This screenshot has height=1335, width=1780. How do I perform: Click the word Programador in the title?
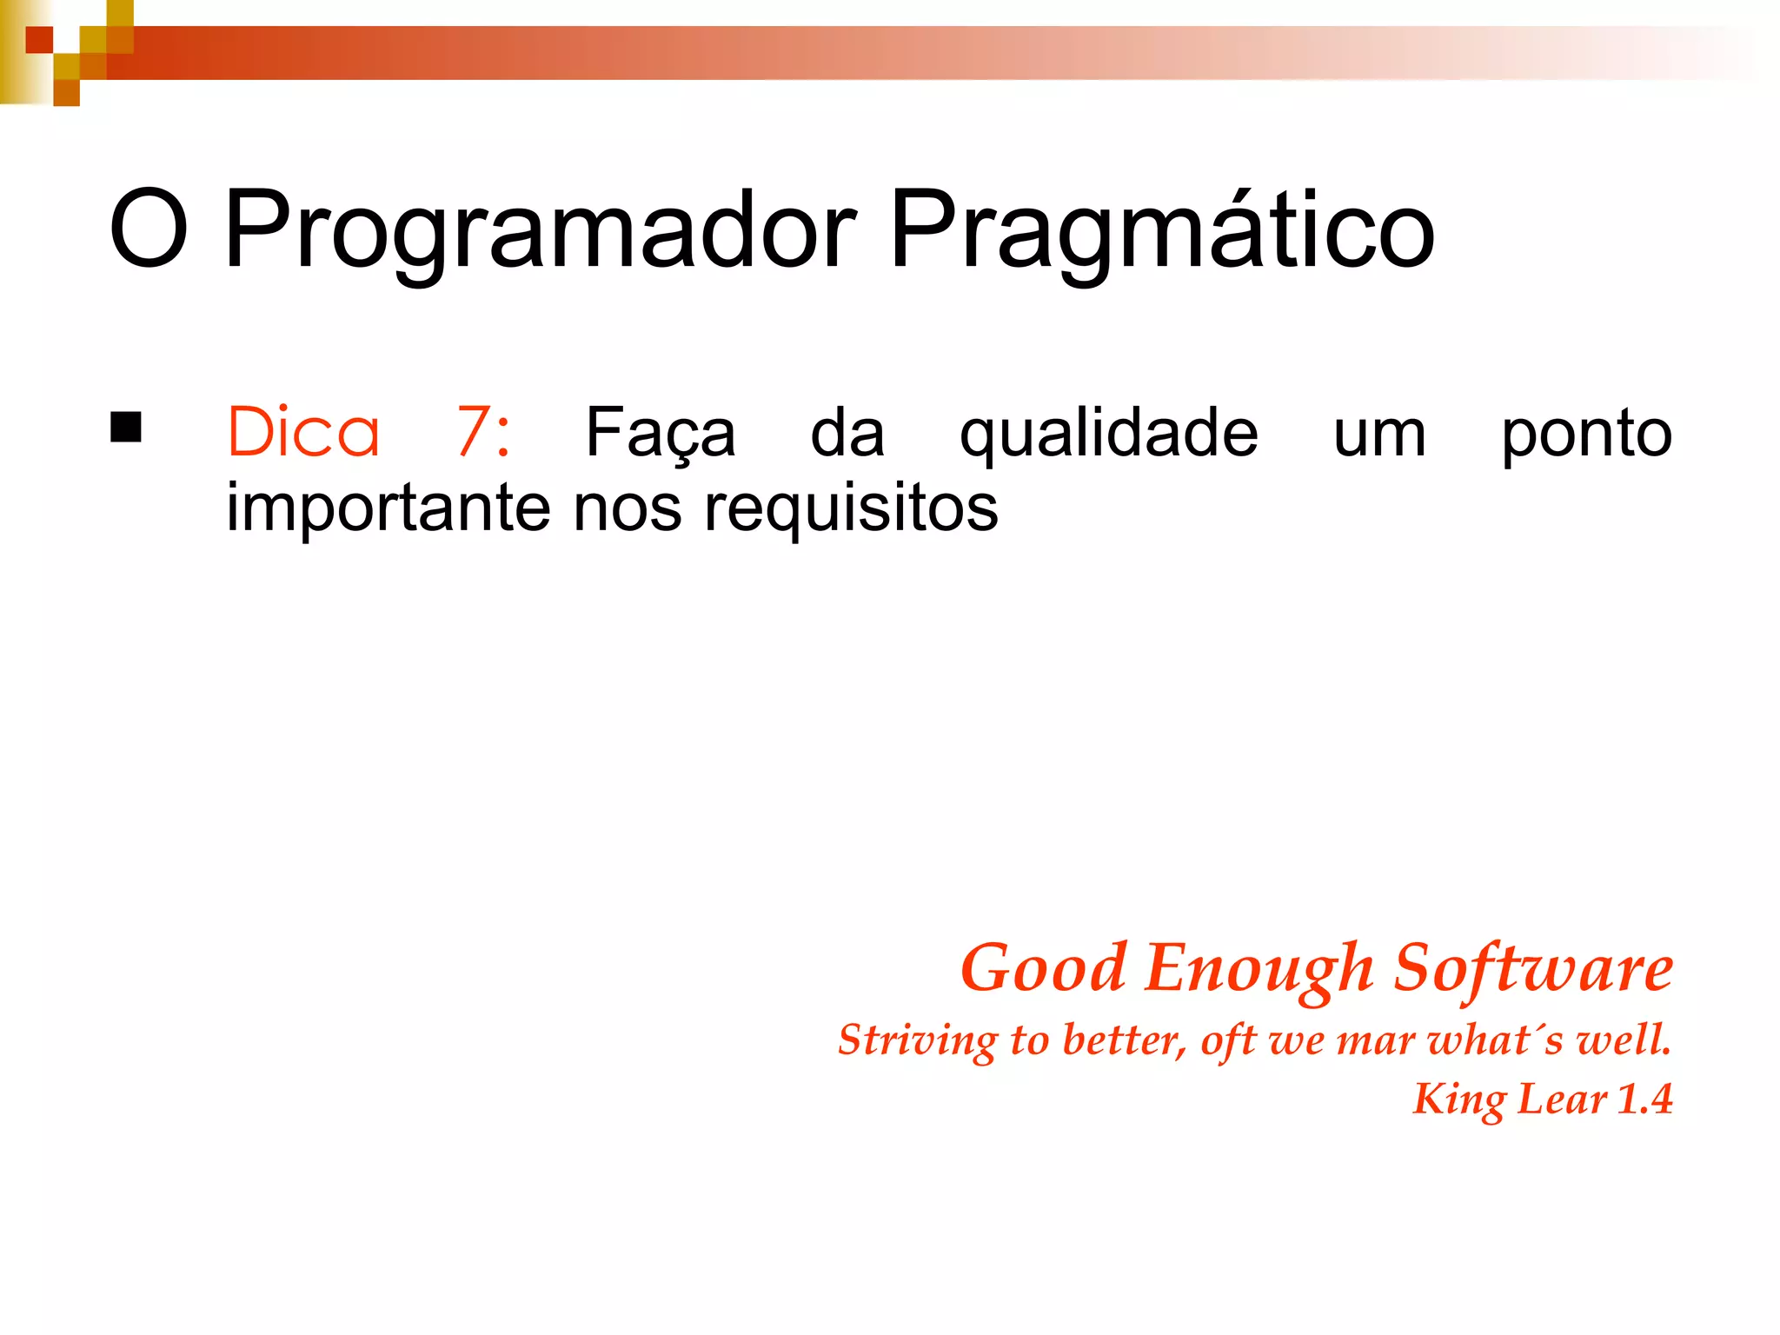click(x=539, y=231)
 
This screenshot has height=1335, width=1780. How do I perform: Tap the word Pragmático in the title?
click(x=1161, y=231)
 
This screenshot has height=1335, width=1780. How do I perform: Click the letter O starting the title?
click(x=149, y=231)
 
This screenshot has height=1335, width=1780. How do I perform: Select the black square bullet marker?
click(x=126, y=428)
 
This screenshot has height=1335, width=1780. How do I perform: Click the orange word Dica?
click(x=303, y=432)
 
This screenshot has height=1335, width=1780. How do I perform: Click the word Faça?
click(x=660, y=434)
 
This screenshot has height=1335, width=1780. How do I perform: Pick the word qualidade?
click(x=1108, y=434)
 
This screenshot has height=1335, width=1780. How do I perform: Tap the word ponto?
click(x=1586, y=434)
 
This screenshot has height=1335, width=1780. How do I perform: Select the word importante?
click(x=388, y=508)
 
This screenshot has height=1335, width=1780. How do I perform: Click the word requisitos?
click(x=851, y=508)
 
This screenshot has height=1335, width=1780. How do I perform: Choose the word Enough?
click(x=1259, y=969)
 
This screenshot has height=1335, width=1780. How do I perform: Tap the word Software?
click(x=1533, y=969)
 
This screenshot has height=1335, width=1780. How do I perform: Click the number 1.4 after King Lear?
click(x=1644, y=1099)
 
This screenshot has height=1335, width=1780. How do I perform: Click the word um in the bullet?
click(x=1379, y=434)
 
